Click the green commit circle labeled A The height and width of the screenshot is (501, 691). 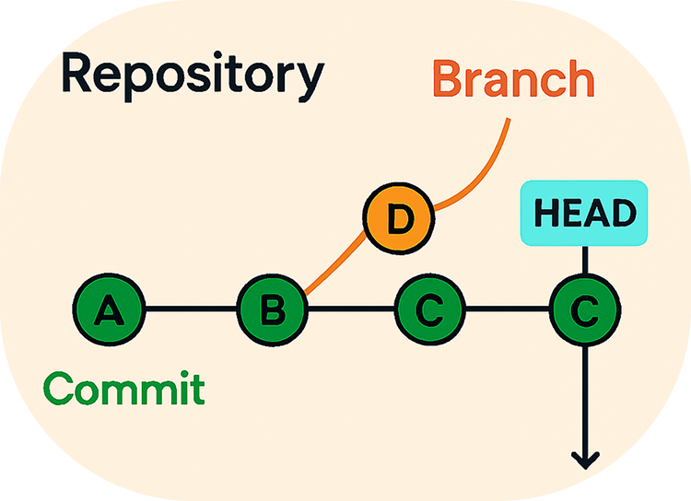(x=109, y=309)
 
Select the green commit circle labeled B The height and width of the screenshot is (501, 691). (x=273, y=309)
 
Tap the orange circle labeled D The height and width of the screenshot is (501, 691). (x=399, y=218)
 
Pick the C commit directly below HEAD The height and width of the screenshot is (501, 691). (x=585, y=309)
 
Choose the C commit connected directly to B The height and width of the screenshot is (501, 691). (x=429, y=309)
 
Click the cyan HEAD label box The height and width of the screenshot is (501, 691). (x=584, y=213)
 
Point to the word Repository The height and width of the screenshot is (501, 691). (x=193, y=76)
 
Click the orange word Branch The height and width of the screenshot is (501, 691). (x=514, y=78)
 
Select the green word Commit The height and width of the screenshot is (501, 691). (x=123, y=388)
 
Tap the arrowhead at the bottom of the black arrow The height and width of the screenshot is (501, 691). (x=585, y=460)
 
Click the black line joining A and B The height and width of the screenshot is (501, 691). (x=192, y=309)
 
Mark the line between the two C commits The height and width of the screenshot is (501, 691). (x=508, y=309)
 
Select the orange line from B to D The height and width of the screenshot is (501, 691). (x=335, y=262)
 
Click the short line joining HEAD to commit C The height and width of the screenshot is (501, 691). (x=585, y=260)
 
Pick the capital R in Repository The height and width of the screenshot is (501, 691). (x=77, y=72)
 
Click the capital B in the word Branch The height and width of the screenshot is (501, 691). (x=448, y=78)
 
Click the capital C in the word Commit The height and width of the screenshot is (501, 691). (x=58, y=388)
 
